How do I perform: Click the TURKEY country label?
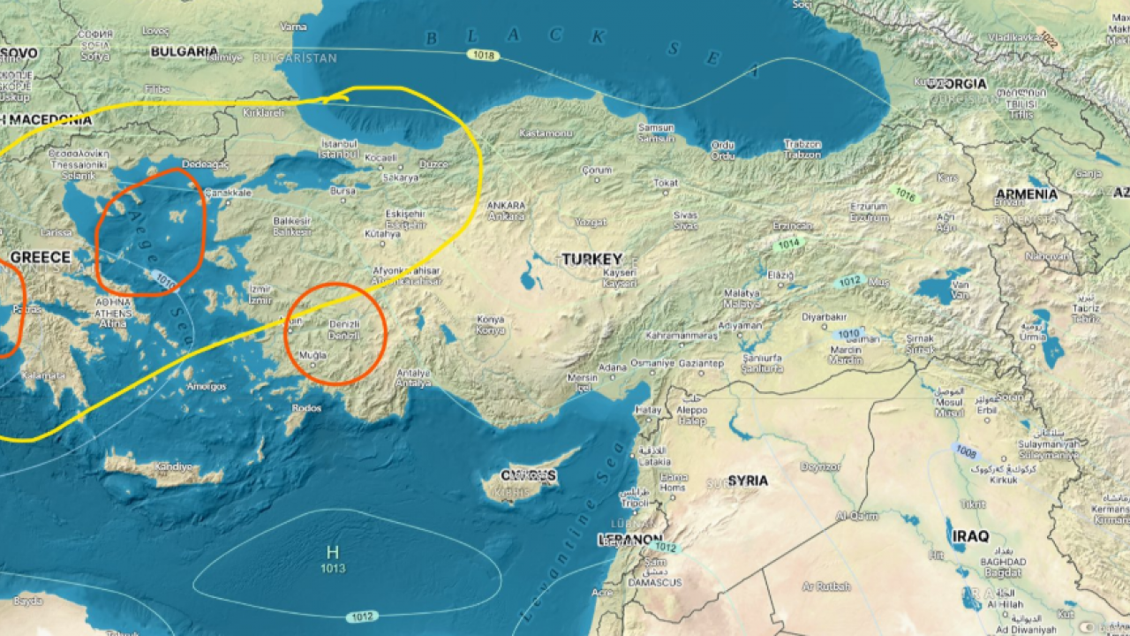[592, 259]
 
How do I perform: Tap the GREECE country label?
[40, 257]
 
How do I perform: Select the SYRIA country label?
[748, 481]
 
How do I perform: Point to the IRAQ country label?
[970, 536]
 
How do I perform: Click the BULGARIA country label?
[184, 52]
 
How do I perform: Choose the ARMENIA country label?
[1026, 193]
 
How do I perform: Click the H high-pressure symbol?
[333, 552]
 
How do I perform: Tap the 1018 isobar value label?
[484, 56]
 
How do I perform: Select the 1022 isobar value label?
[1048, 39]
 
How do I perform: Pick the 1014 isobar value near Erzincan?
[788, 243]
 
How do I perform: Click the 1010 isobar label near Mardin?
[847, 334]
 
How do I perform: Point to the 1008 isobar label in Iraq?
[966, 451]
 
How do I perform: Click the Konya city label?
[490, 320]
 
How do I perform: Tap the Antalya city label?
[414, 372]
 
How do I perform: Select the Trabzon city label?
[802, 144]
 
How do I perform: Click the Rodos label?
[305, 408]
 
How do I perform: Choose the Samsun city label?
[656, 127]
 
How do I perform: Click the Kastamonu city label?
[546, 133]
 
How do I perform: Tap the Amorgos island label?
[206, 386]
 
